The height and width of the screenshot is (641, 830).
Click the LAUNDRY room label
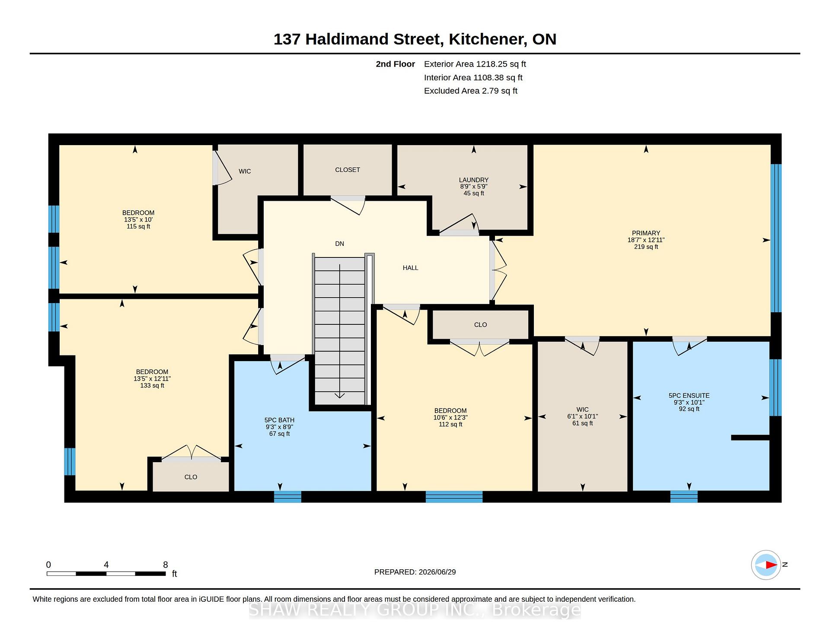474,180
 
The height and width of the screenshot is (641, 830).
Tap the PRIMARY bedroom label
646,233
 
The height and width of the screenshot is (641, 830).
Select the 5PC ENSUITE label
689,396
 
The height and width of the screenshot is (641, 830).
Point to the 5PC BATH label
279,420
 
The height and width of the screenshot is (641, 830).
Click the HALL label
410,268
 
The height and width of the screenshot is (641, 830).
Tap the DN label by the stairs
339,244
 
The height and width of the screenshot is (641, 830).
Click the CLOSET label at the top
348,170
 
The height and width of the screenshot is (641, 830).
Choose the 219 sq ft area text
646,247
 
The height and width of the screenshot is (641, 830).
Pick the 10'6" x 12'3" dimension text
450,418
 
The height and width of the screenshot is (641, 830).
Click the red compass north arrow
771,565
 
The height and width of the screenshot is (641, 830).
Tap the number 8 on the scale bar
165,565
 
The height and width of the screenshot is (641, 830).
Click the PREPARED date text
415,572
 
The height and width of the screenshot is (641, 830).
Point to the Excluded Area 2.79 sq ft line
470,91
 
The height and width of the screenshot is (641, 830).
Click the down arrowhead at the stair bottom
339,395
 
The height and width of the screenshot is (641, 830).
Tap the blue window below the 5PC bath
287,497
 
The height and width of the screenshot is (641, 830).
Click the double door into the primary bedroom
498,270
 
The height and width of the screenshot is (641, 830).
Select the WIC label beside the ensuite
582,409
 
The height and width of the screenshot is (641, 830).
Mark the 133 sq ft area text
152,386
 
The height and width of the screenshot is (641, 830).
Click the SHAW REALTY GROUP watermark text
415,610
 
